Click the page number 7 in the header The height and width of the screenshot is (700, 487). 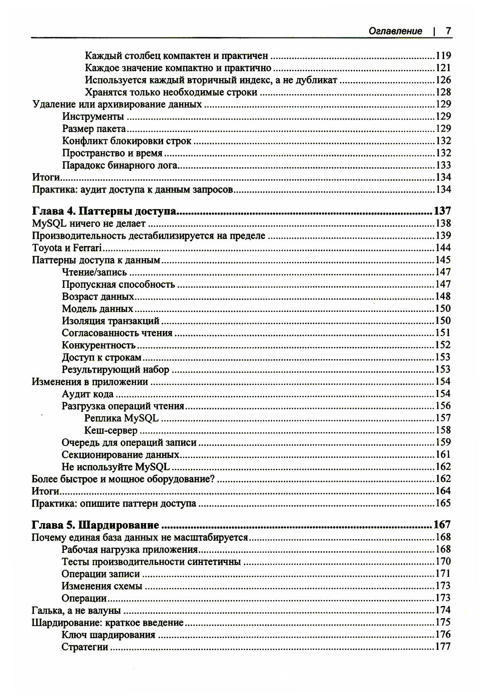(x=449, y=31)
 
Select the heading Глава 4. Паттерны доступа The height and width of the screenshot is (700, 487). (x=104, y=211)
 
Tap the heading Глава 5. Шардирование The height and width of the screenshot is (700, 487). (x=95, y=525)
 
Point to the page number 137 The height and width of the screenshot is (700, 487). (x=442, y=211)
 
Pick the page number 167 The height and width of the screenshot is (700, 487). (x=442, y=525)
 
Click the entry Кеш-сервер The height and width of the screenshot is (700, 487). (x=111, y=430)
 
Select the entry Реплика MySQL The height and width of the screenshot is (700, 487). (x=121, y=418)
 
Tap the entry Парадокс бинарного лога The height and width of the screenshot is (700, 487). (x=120, y=165)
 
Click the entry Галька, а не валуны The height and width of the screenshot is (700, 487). (x=76, y=610)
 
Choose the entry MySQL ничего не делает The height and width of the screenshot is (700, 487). (x=89, y=224)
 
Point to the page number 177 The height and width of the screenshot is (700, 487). (x=443, y=647)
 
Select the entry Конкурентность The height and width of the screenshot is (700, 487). (x=98, y=345)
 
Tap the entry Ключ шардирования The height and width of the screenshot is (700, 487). (x=109, y=635)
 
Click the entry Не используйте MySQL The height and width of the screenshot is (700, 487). (x=115, y=467)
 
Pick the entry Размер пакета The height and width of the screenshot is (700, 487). (x=94, y=129)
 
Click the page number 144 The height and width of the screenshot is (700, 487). (x=443, y=248)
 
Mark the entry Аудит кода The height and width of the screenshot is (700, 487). (x=88, y=394)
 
